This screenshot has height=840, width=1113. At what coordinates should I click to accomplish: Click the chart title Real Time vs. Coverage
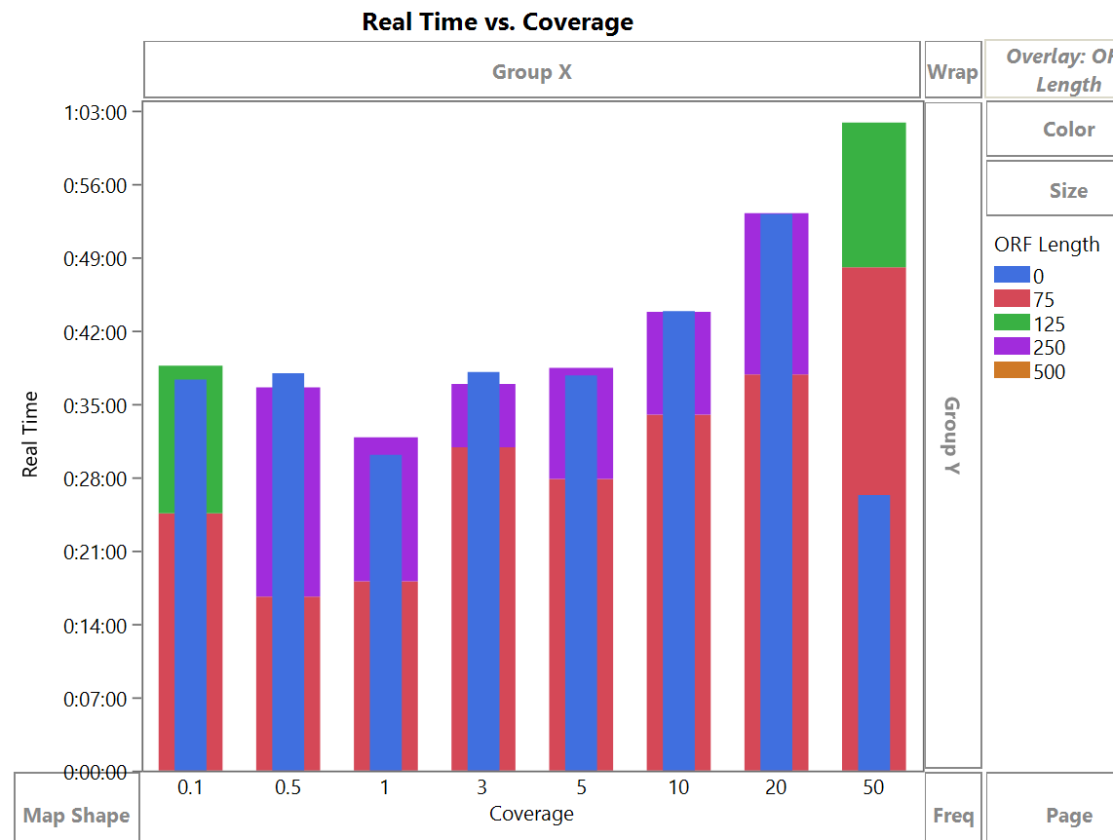click(497, 21)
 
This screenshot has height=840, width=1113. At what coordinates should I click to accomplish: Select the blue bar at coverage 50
click(873, 633)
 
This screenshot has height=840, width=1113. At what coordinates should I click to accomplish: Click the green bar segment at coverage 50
click(873, 195)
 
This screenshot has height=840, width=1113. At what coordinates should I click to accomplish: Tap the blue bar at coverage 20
click(776, 487)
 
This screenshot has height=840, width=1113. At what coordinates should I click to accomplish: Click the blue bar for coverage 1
click(386, 614)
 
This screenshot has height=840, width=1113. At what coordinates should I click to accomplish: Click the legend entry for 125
click(1049, 324)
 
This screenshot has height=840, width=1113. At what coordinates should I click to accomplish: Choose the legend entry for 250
click(1049, 348)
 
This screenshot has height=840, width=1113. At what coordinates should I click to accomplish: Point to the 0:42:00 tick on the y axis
click(96, 332)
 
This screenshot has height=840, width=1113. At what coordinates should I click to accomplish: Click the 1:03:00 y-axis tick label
click(96, 112)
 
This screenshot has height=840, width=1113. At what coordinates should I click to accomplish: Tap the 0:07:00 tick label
click(96, 699)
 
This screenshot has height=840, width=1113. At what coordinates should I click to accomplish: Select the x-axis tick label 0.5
click(288, 787)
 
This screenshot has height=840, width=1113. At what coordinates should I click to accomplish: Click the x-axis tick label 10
click(677, 787)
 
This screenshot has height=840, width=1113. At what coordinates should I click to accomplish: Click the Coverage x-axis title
click(531, 814)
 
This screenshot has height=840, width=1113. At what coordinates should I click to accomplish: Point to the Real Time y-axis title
click(30, 435)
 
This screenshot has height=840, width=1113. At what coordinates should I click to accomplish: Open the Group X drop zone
click(531, 71)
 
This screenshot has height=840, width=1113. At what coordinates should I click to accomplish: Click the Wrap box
click(952, 71)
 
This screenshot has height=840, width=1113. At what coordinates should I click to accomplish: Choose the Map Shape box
click(76, 816)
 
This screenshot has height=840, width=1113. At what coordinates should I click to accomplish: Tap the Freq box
click(952, 816)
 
